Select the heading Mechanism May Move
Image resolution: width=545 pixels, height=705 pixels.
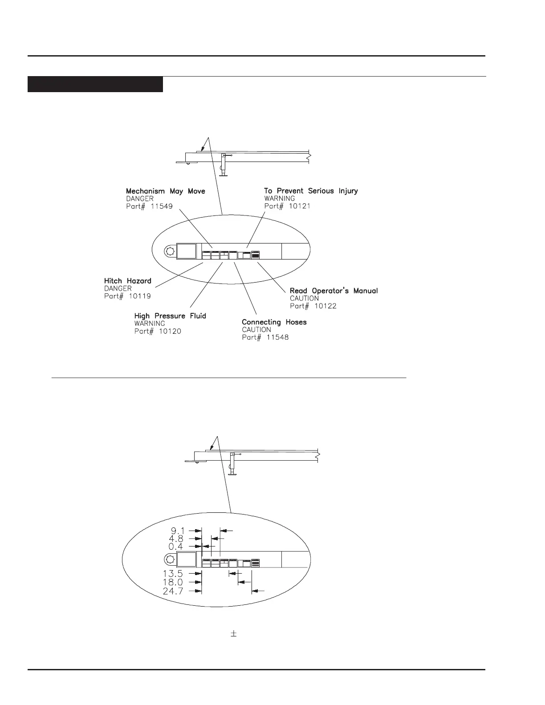coord(165,191)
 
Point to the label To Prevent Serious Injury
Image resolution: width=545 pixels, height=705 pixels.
coord(311,191)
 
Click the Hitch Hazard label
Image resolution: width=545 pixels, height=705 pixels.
coord(127,281)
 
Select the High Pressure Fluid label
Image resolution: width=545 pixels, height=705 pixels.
coord(170,316)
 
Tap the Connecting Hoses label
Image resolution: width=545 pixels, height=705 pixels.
coord(274,322)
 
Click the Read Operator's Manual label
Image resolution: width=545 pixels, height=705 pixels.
coord(334,291)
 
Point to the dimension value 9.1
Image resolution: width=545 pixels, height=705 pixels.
coord(178,531)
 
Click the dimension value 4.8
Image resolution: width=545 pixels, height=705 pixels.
coord(178,538)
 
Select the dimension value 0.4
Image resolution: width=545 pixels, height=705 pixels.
coord(178,546)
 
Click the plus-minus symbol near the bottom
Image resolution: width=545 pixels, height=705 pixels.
coord(233,633)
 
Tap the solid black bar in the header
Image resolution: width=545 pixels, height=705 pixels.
coord(95,85)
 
